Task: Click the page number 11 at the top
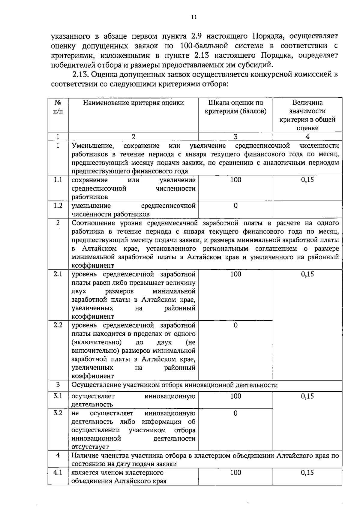194,17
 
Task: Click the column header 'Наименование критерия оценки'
133,103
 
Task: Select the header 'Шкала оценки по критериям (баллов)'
235,107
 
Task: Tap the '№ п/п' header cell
58,107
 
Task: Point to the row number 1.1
58,180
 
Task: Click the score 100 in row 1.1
235,180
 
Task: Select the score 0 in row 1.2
235,206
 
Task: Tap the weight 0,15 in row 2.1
307,274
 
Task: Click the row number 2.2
58,325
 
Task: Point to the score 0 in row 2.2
235,325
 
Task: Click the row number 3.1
58,396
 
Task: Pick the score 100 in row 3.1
235,396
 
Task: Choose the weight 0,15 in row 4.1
307,473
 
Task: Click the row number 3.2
58,413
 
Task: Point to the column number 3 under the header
235,137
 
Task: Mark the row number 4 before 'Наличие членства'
58,455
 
